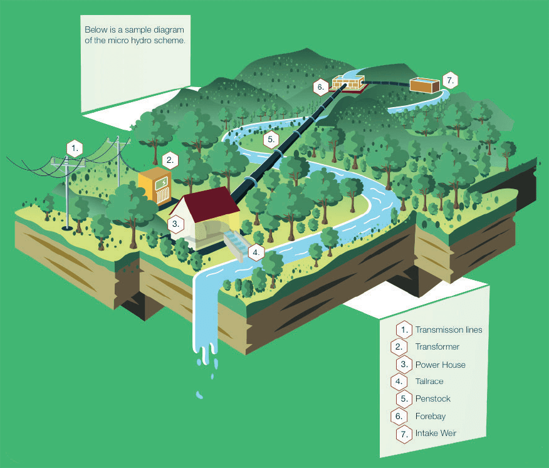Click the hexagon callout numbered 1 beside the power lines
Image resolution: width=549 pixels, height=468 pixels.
point(75,148)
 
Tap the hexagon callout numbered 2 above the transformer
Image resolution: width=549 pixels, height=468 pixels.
point(170,160)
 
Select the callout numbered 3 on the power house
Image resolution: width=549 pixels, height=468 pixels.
point(175,224)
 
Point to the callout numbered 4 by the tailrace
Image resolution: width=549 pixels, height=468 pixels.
point(256,252)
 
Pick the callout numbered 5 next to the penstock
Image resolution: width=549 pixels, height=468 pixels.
point(271,139)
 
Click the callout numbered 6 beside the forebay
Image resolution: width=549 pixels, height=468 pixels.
point(321,87)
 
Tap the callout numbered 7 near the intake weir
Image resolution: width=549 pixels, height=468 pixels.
point(450,81)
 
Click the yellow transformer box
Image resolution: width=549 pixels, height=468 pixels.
point(155,186)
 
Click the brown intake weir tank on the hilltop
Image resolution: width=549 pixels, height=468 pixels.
point(424,85)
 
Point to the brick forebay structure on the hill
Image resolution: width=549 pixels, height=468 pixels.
point(348,83)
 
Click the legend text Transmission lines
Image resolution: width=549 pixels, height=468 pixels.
point(449,330)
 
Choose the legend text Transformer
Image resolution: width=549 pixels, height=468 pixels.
point(437,347)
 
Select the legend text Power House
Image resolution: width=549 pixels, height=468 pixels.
point(441,365)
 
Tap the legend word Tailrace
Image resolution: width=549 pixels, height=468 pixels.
point(429,381)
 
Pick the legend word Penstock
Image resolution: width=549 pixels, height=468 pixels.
point(433,398)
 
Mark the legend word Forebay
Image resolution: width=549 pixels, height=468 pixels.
point(431,416)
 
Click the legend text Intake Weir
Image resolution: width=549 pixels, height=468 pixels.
point(436,434)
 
